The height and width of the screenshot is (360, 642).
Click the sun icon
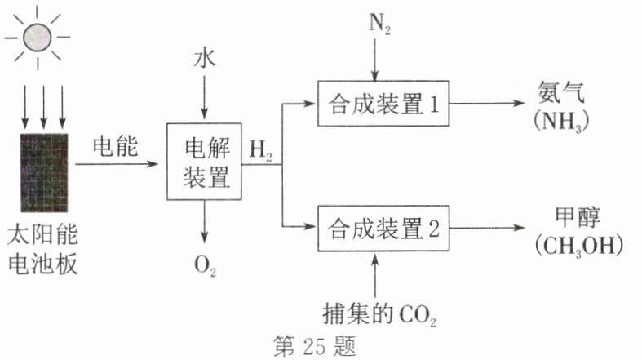tap(38, 36)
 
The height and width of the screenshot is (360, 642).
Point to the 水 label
tap(204, 60)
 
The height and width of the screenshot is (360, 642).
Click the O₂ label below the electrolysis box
tap(205, 265)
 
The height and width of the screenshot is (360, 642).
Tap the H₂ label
tap(261, 149)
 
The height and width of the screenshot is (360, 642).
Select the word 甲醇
tap(574, 216)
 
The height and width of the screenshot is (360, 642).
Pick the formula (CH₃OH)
tap(574, 246)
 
